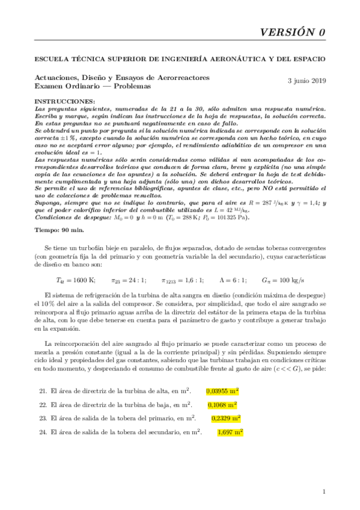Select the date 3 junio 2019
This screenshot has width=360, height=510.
[x=307, y=80]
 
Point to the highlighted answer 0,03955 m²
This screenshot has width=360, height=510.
[x=223, y=391]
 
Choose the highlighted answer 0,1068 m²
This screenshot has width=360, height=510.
[x=222, y=405]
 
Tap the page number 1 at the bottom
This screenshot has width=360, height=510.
[x=323, y=492]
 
